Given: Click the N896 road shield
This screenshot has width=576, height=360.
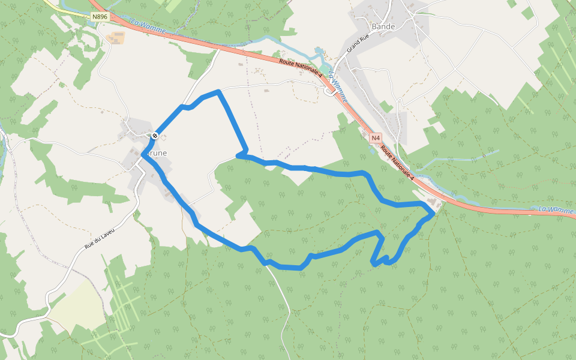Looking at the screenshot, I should (x=100, y=17).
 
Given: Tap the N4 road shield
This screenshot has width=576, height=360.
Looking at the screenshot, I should (x=376, y=138).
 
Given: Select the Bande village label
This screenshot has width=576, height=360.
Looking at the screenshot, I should (x=383, y=26).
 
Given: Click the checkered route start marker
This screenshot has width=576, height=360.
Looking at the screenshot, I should (x=155, y=136).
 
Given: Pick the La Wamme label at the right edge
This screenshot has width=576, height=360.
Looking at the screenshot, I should (x=556, y=209).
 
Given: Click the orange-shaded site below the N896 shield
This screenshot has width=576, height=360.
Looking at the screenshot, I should (x=115, y=37).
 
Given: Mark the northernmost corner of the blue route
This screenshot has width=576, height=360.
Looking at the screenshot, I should (x=219, y=91).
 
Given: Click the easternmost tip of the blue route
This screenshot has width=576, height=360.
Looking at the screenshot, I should (x=433, y=213).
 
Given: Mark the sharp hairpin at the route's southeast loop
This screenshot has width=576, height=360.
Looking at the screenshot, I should (x=374, y=263).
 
